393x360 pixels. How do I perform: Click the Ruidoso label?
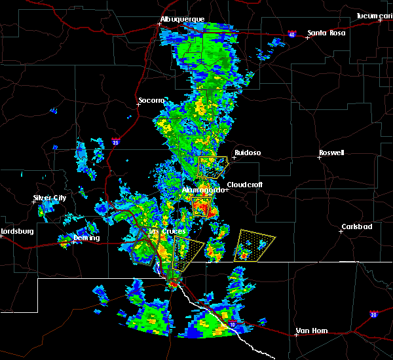[x=247, y=153]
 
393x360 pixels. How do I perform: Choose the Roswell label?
[x=331, y=153]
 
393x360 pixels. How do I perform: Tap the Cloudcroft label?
[x=245, y=185]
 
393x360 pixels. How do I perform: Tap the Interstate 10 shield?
[x=233, y=324]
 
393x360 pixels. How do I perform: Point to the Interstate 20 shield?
[x=374, y=314]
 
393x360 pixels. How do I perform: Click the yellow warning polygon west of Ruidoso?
[x=212, y=167]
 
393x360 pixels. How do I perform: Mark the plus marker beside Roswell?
[x=319, y=158]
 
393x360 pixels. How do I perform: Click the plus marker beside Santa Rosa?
[x=307, y=37]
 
